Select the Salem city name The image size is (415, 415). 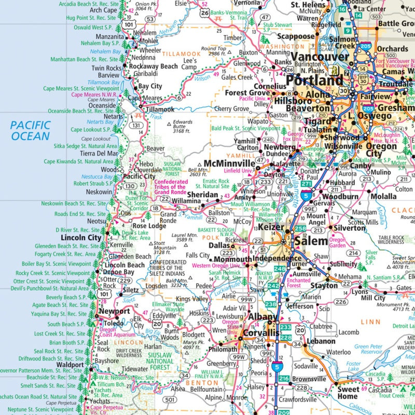pyautogui.click(x=311, y=241)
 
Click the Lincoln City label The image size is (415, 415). pyautogui.click(x=81, y=238)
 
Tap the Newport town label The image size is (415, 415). pyautogui.click(x=114, y=311)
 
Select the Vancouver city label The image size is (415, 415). pyautogui.click(x=320, y=57)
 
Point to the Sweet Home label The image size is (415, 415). pyautogui.click(x=348, y=393)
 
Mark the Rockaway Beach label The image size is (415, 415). pyautogui.click(x=153, y=66)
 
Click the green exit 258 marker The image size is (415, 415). pyautogui.click(x=300, y=229)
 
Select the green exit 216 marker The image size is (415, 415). pyautogui.click(x=284, y=379)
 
